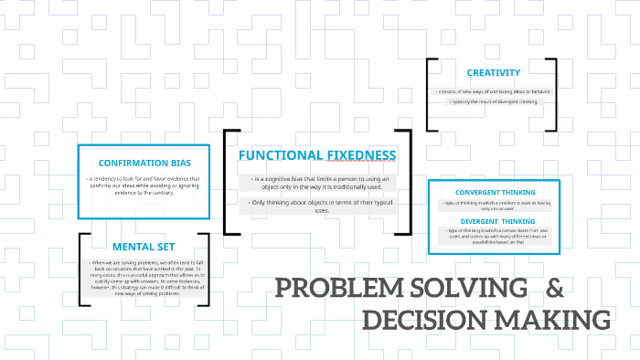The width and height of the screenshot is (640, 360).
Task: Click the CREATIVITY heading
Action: tap(493, 72)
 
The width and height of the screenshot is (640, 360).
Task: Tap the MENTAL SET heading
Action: tap(144, 246)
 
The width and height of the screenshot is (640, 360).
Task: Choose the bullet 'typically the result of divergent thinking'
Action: tap(493, 101)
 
